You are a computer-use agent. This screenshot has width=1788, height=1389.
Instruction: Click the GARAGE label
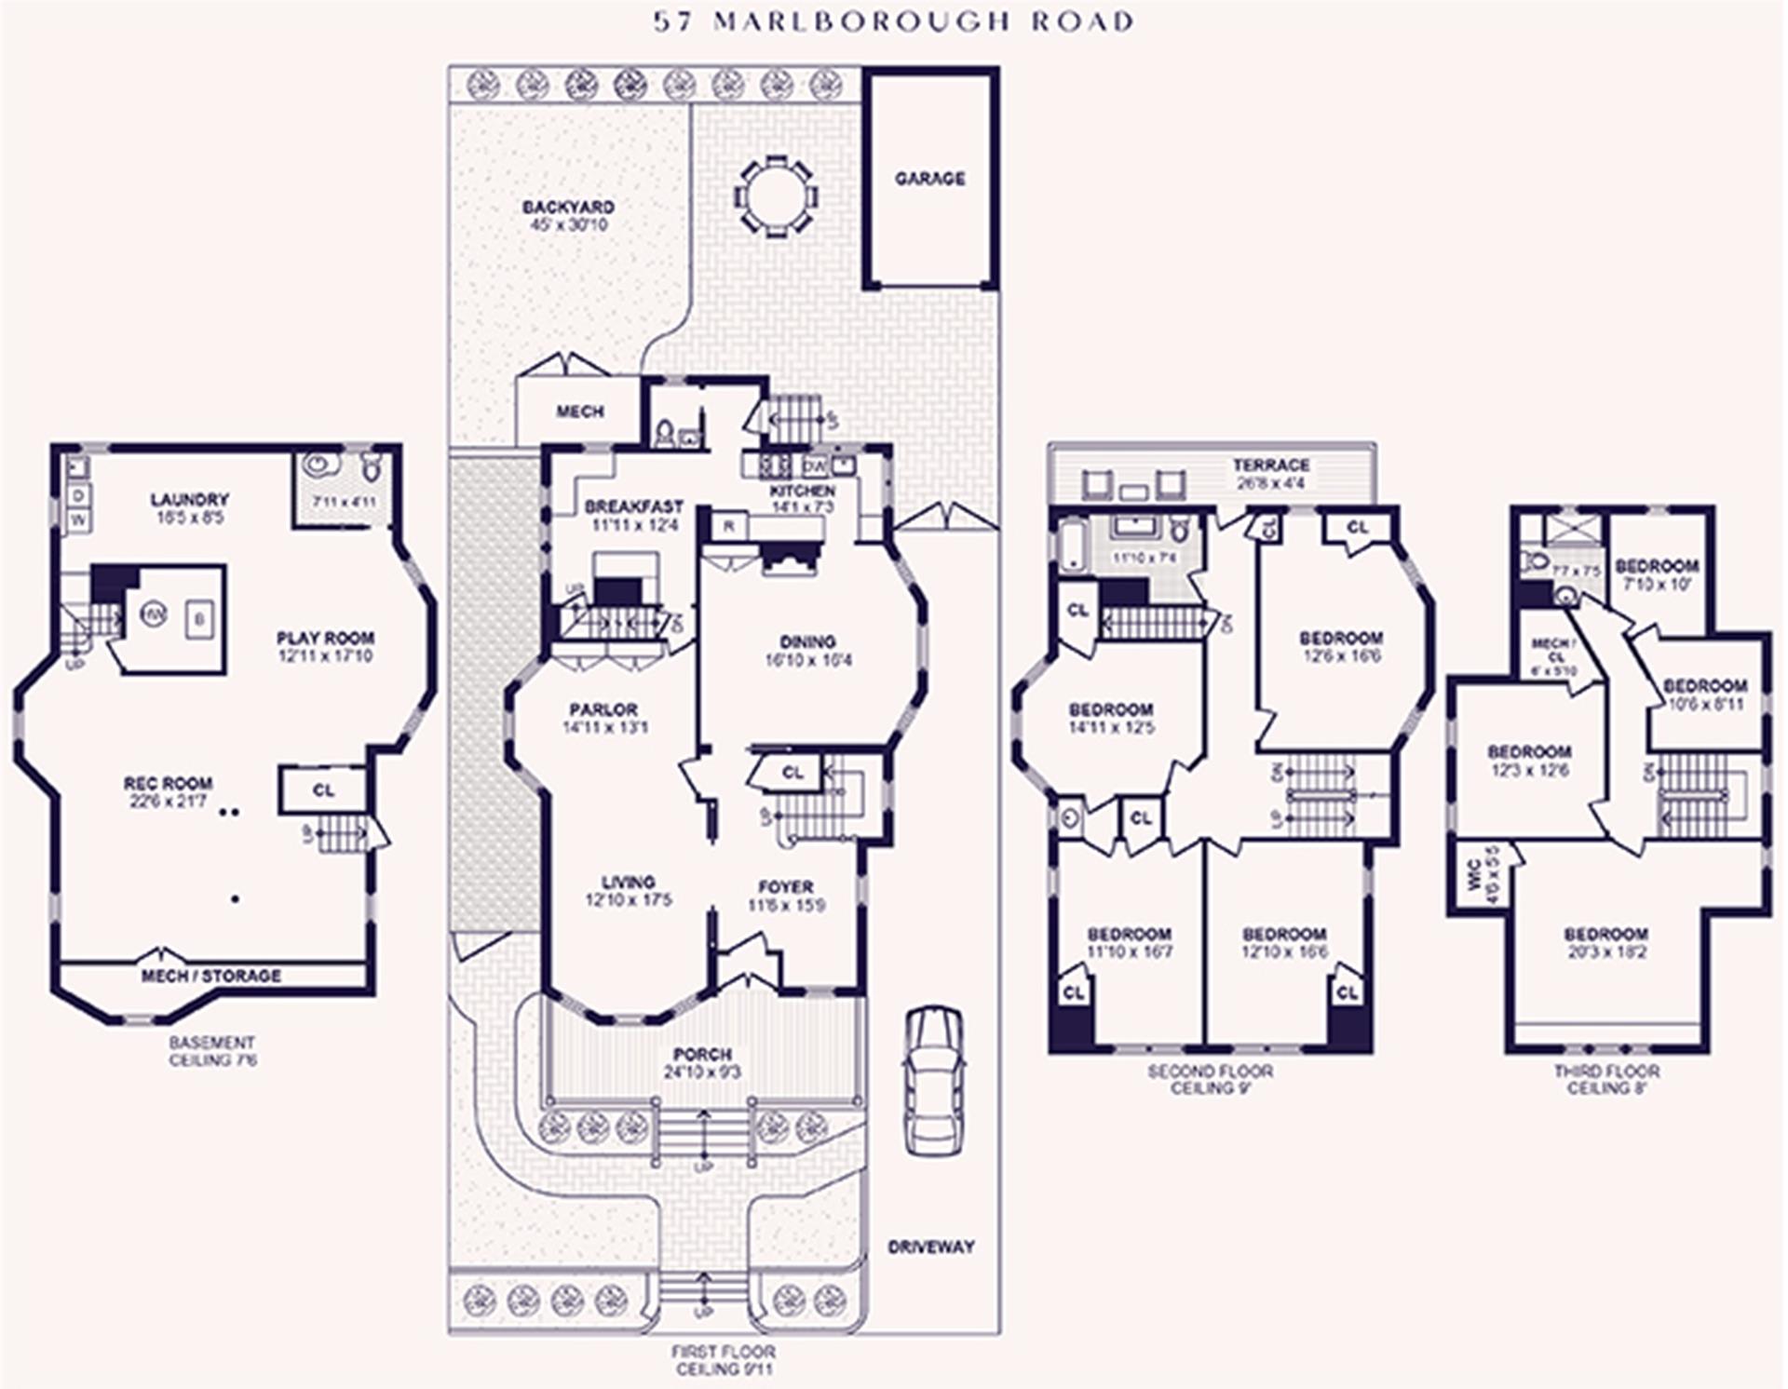click(x=929, y=178)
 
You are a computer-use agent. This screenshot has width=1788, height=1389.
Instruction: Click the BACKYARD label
click(x=567, y=207)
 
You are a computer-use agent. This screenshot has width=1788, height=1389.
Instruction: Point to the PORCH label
click(x=701, y=1054)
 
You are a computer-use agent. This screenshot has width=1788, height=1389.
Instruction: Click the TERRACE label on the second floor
click(x=1271, y=465)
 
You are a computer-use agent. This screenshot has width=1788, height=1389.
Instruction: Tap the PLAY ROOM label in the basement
click(x=325, y=638)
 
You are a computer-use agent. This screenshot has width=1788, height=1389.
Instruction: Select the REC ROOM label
click(x=168, y=783)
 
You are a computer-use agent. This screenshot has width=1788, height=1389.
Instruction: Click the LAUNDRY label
click(x=189, y=500)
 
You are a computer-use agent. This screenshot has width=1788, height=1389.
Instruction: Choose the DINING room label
click(x=807, y=641)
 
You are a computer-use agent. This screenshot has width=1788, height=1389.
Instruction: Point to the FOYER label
click(x=785, y=886)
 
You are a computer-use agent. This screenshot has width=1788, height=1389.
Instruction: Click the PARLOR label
click(x=603, y=708)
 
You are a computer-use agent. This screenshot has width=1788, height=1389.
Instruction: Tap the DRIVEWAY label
click(x=930, y=1247)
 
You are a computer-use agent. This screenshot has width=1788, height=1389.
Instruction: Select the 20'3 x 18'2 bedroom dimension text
click(x=1605, y=952)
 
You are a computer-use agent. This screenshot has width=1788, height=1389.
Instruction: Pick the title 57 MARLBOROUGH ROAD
click(x=893, y=21)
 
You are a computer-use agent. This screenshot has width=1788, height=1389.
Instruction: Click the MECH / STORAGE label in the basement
click(x=210, y=976)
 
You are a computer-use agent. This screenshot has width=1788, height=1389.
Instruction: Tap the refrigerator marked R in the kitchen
click(x=729, y=526)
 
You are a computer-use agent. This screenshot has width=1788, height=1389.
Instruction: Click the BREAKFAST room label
click(x=633, y=507)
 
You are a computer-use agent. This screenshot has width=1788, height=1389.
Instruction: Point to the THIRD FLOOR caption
click(x=1606, y=1071)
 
